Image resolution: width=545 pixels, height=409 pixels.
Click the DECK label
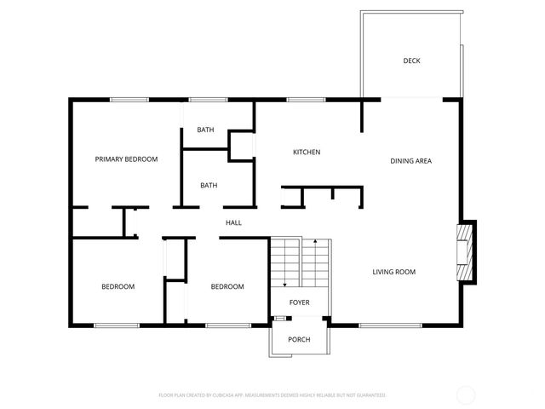click(x=412, y=60)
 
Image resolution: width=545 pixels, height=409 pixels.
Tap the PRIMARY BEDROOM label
click(x=126, y=158)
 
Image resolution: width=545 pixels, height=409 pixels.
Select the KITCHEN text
click(x=307, y=153)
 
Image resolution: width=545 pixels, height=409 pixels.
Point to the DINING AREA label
click(x=410, y=160)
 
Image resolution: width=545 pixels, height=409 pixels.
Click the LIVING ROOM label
click(x=393, y=272)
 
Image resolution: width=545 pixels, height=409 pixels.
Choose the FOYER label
click(x=299, y=302)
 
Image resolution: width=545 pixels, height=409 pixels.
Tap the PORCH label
click(x=299, y=340)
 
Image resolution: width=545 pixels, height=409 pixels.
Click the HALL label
click(x=233, y=223)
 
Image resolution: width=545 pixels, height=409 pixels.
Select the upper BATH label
click(x=205, y=130)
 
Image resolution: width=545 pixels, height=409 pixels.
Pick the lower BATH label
click(x=209, y=185)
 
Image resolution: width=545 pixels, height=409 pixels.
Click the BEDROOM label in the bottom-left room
click(x=118, y=286)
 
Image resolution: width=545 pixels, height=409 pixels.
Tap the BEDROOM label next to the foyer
click(x=227, y=286)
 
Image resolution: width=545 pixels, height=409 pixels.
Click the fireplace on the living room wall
click(x=464, y=251)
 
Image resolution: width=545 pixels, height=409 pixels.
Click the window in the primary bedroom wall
click(x=129, y=101)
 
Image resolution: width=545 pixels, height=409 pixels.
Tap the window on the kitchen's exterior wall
click(x=300, y=101)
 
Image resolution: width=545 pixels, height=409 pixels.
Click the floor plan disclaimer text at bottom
click(x=272, y=395)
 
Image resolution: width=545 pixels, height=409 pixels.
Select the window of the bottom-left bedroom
click(x=117, y=325)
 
